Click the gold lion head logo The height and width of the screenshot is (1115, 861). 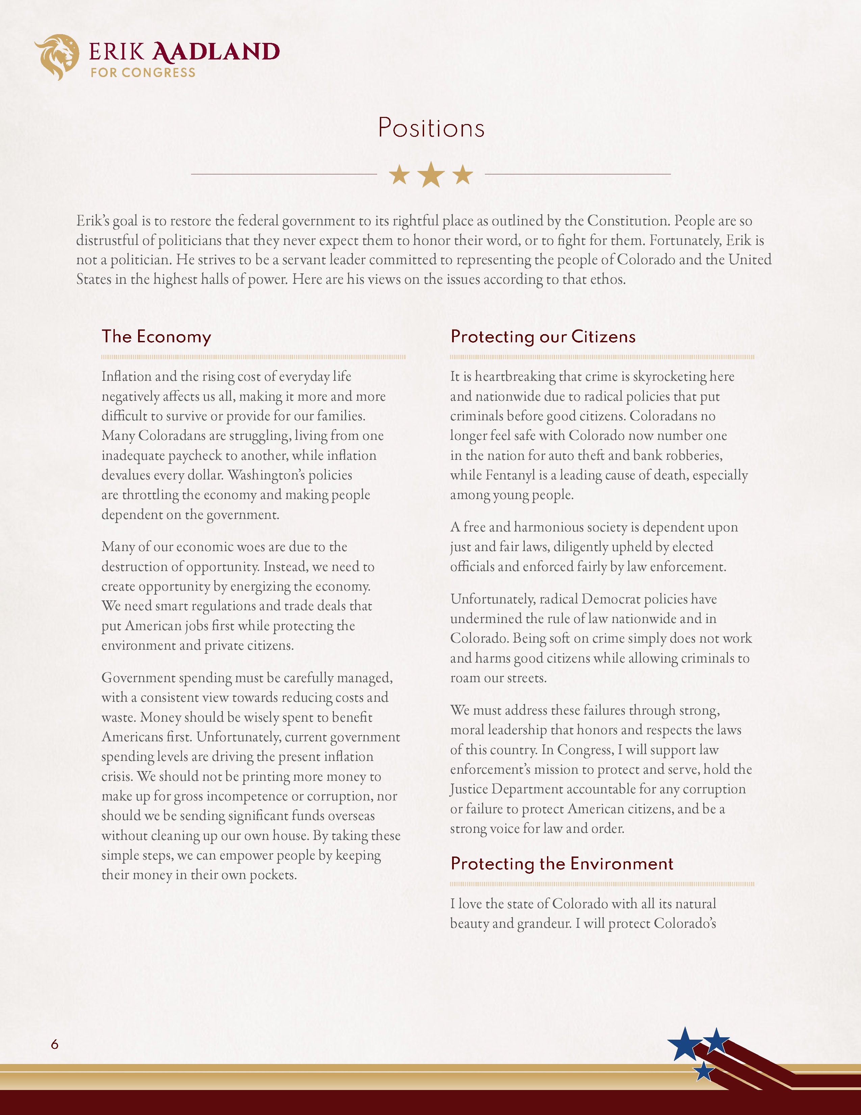(57, 56)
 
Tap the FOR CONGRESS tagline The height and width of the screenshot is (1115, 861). (143, 73)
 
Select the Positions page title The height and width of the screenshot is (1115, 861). (431, 128)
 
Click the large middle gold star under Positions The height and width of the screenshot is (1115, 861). (431, 175)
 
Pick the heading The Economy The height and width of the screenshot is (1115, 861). (156, 337)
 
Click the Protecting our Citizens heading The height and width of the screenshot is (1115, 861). (543, 337)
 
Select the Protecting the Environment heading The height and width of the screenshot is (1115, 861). (562, 864)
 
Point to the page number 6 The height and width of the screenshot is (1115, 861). (55, 1044)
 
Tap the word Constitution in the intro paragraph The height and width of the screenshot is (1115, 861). (628, 221)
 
